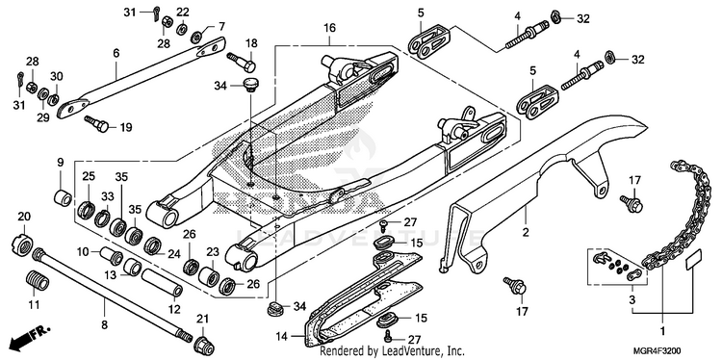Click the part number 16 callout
pyautogui.click(x=329, y=29)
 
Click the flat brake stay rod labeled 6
pyautogui.click(x=141, y=77)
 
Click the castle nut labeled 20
pyautogui.click(x=22, y=244)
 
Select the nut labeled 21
pyautogui.click(x=203, y=345)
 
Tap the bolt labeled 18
pyautogui.click(x=242, y=63)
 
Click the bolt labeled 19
pyautogui.click(x=96, y=123)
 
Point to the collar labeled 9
pyautogui.click(x=64, y=197)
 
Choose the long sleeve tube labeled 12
pyautogui.click(x=161, y=283)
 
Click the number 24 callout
pyautogui.click(x=173, y=254)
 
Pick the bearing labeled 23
pyautogui.click(x=209, y=276)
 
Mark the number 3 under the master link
pyautogui.click(x=632, y=300)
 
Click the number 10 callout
pyautogui.click(x=83, y=252)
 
